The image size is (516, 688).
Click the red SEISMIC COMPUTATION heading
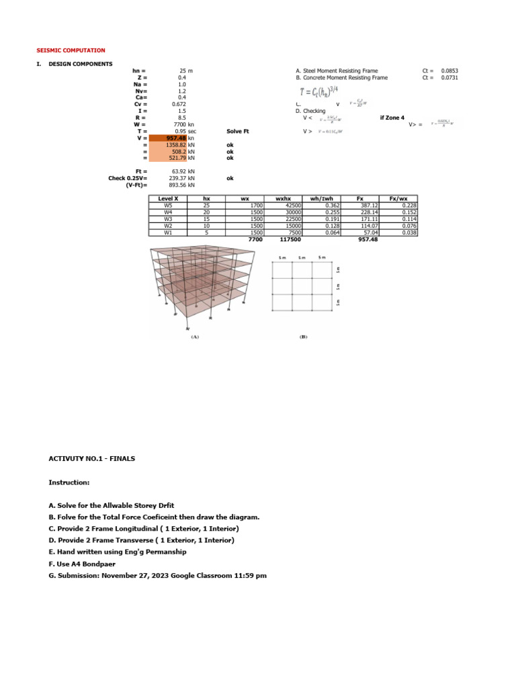coord(71,50)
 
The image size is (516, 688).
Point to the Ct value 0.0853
coord(449,71)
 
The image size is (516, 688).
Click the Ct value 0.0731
coord(449,77)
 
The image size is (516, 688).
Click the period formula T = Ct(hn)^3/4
coord(321,91)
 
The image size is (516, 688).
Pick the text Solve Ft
coord(238,131)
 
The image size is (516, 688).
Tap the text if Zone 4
coord(392,118)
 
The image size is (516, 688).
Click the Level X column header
coord(168,199)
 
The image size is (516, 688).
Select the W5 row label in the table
coord(168,206)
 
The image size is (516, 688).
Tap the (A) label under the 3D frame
coord(194,337)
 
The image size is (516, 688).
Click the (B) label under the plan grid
coord(303,337)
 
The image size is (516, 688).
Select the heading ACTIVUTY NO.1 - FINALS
coord(92,458)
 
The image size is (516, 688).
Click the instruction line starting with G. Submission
coord(158,576)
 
